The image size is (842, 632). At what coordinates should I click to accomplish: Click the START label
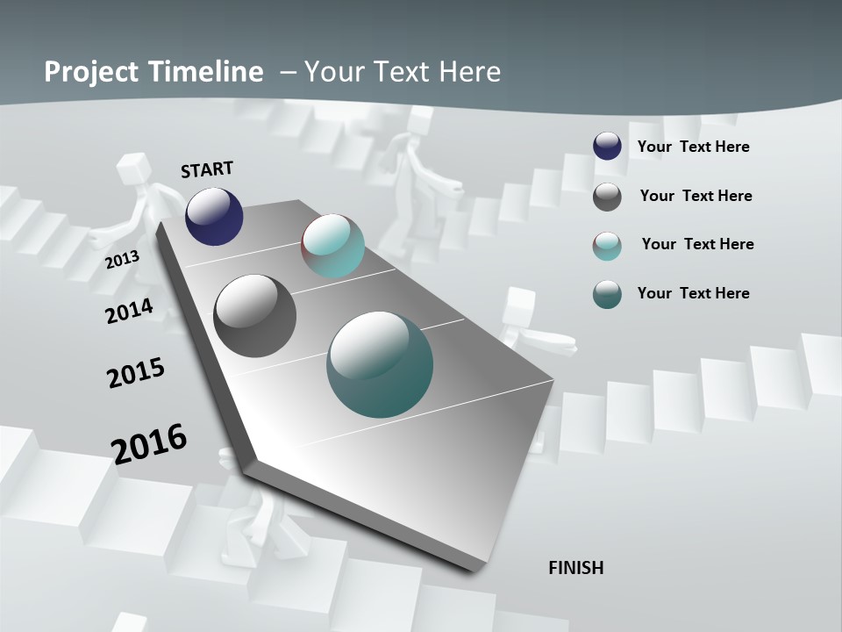pos(207,169)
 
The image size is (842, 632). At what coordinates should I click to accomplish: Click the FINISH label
pos(576,568)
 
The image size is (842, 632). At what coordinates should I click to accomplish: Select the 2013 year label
pos(122,260)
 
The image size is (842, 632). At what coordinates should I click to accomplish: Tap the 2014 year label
pos(129,311)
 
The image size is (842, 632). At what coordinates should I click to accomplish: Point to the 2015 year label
pos(136,373)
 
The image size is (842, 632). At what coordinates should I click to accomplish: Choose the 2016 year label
pos(149,443)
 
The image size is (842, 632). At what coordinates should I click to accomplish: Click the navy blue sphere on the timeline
pos(214,216)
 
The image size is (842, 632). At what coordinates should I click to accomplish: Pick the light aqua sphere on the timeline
pos(332,246)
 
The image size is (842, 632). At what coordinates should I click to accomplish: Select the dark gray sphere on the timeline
pos(255,316)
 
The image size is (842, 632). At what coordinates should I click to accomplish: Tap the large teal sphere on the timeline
pos(380,364)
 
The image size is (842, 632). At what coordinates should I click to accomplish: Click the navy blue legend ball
pos(607,146)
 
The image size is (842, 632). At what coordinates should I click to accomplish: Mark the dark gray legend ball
pos(607,197)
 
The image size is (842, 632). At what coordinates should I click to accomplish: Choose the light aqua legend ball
pos(607,246)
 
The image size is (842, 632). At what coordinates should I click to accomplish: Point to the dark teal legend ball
pos(607,294)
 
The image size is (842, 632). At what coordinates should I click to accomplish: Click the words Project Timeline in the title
pos(153,72)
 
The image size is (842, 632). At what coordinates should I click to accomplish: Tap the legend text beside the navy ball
pos(693,147)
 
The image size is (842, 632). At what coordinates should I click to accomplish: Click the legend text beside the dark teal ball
pos(693,293)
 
